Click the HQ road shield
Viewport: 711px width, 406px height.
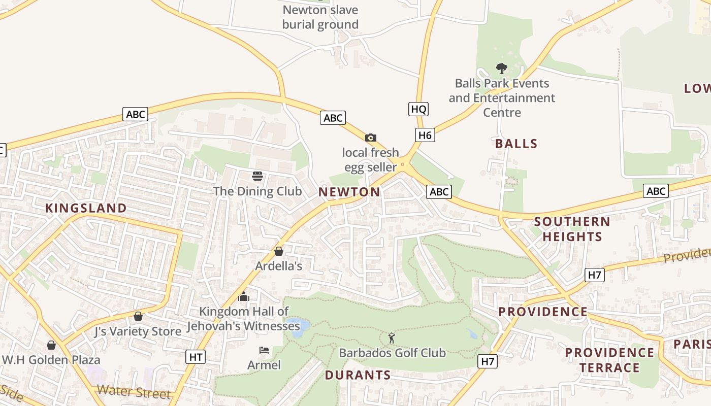click(418, 109)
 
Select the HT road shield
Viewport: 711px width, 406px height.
click(196, 357)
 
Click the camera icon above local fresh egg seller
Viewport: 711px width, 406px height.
click(371, 138)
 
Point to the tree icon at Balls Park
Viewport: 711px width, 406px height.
click(502, 68)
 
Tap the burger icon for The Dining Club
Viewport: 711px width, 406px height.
click(257, 176)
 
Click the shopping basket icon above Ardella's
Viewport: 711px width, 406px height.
click(278, 251)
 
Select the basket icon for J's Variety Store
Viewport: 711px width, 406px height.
click(138, 316)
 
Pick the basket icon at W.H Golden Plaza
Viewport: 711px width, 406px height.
click(51, 345)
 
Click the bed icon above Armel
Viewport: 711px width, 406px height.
click(264, 350)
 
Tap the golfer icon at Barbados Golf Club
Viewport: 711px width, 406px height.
click(392, 337)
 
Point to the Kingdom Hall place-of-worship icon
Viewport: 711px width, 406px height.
click(244, 296)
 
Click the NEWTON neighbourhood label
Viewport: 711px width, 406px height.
click(349, 192)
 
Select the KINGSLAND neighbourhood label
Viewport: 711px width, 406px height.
click(86, 208)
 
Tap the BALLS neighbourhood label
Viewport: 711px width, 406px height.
click(516, 144)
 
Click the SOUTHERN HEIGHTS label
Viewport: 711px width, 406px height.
click(572, 229)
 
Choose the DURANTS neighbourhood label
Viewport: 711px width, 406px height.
click(358, 375)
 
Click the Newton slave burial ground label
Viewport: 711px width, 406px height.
click(320, 17)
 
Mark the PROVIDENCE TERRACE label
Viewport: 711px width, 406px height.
click(609, 360)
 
